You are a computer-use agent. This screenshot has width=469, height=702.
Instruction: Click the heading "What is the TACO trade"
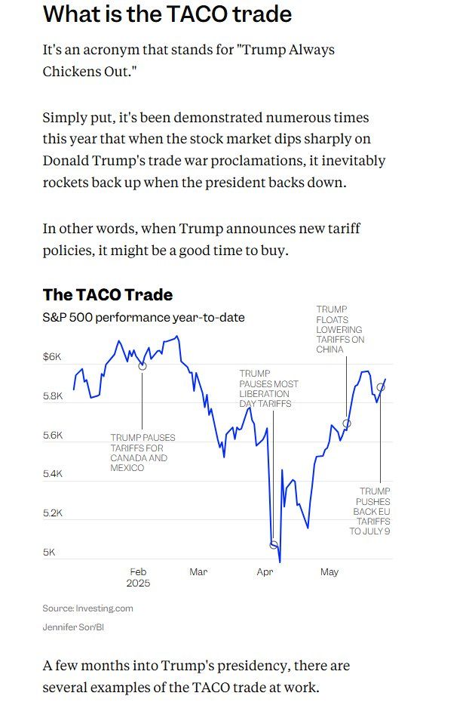(x=167, y=15)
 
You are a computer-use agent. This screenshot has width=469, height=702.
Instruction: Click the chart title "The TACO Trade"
(x=108, y=294)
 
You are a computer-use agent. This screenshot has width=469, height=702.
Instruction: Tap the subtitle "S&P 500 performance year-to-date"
(x=143, y=317)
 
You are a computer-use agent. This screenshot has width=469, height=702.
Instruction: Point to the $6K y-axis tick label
(x=53, y=356)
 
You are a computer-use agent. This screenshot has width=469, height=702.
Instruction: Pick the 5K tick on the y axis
(x=49, y=553)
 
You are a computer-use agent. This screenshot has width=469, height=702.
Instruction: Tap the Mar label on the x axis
(x=198, y=572)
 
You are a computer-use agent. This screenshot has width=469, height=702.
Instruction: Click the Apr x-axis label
(x=265, y=572)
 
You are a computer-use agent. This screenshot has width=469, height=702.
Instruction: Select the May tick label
(x=330, y=572)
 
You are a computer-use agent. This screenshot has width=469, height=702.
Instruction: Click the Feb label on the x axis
(x=138, y=572)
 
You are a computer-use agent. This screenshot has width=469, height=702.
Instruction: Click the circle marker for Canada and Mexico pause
(x=143, y=365)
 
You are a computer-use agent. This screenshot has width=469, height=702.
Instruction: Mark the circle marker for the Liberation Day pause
(x=274, y=544)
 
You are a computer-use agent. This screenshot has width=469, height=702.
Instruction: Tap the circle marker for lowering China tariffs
(x=347, y=423)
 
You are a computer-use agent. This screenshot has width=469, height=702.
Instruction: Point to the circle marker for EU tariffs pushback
(x=381, y=387)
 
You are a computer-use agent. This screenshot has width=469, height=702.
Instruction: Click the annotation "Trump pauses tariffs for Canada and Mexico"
(x=143, y=453)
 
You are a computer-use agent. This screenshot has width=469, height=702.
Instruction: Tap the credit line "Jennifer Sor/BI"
(x=73, y=627)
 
